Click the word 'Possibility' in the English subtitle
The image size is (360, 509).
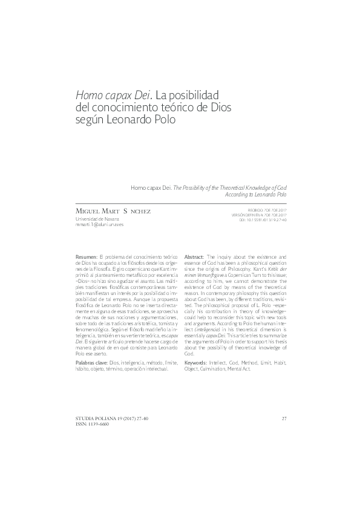(194, 189)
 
